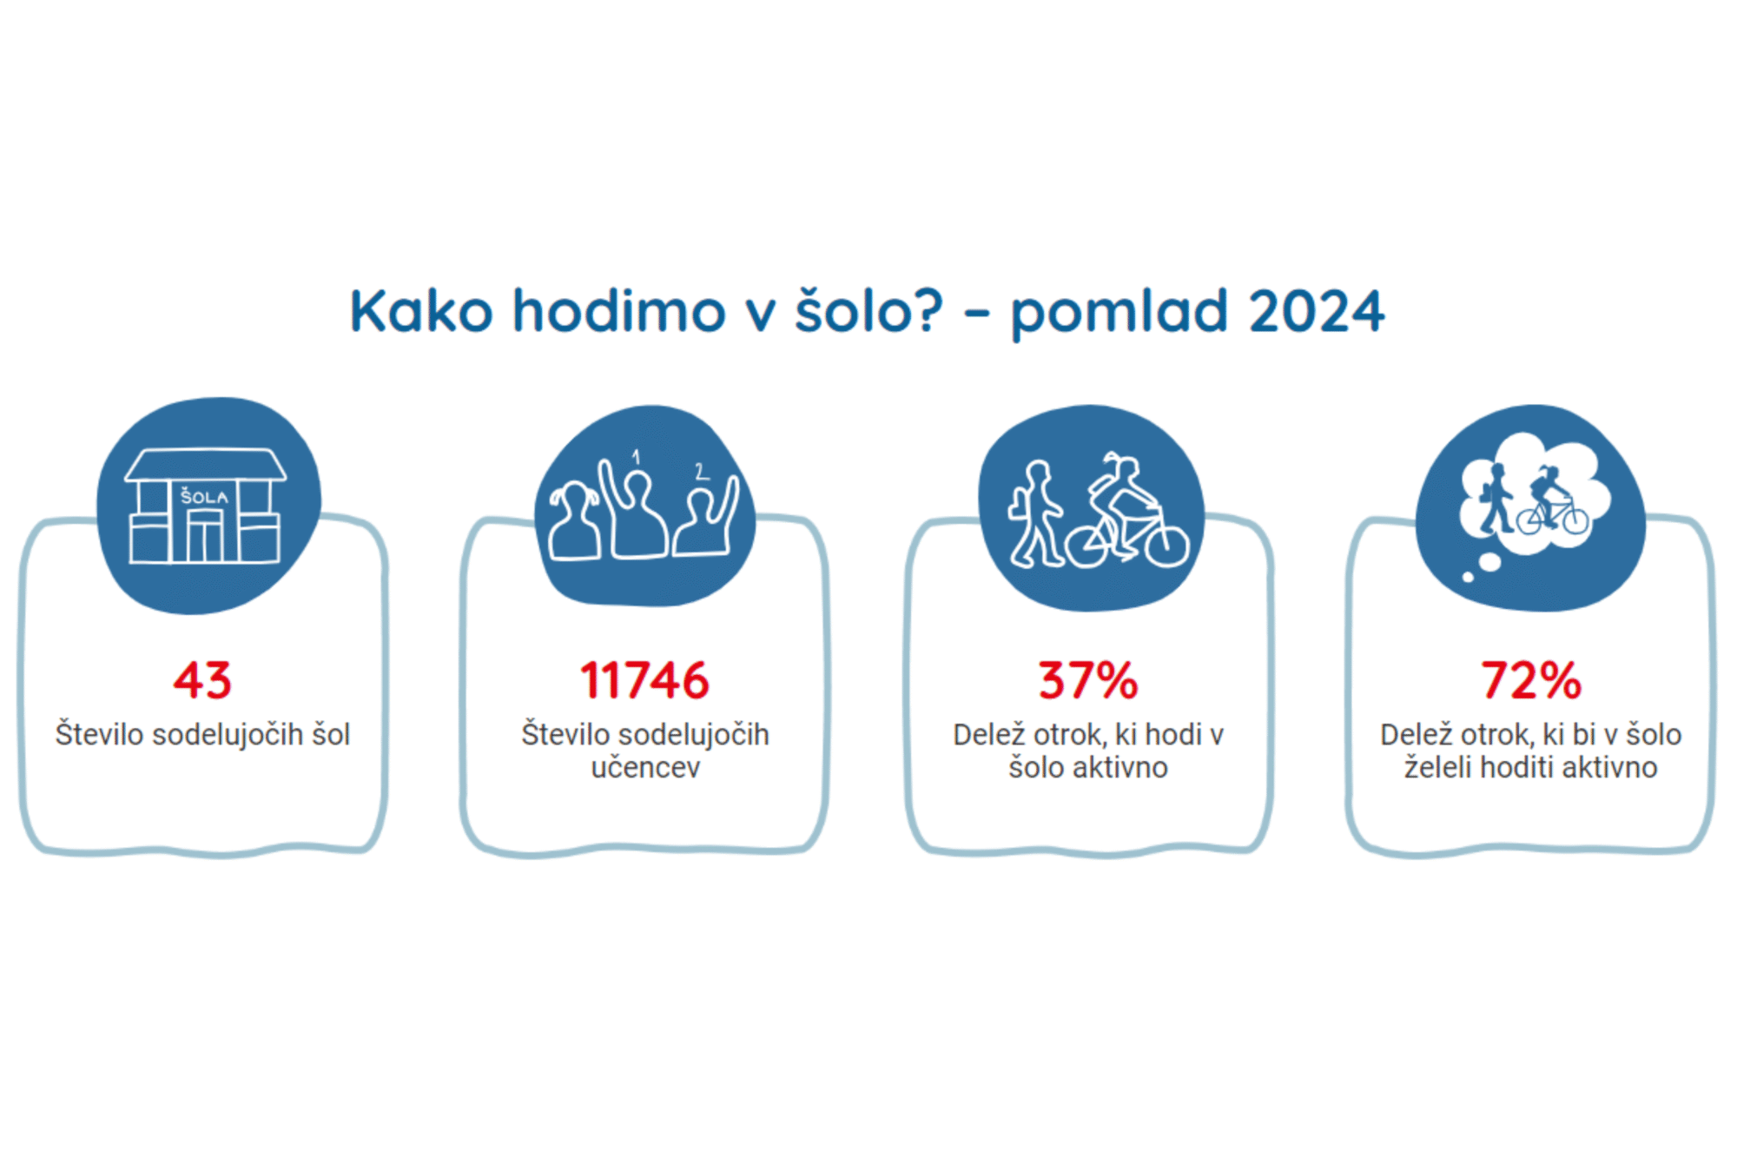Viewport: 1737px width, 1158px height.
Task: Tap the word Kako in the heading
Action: pos(421,310)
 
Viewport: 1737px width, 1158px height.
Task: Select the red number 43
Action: pos(202,680)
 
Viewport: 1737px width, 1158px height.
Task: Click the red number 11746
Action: pos(644,680)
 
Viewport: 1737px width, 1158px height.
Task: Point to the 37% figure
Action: pos(1088,680)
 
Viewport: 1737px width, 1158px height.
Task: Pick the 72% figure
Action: pos(1531,680)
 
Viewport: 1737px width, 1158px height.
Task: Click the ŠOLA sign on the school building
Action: pos(204,497)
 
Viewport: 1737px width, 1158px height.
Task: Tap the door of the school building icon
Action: pos(205,536)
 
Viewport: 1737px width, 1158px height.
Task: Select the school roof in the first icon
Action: pos(206,465)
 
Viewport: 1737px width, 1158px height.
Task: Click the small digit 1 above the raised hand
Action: pos(636,457)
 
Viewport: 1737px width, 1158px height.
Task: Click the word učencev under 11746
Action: pos(645,768)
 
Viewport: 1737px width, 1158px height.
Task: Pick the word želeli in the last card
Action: pos(1438,767)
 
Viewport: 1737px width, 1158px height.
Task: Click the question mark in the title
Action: pos(927,310)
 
